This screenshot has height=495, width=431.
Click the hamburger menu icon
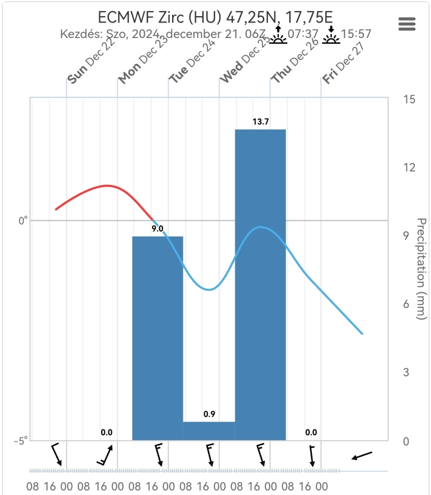[407, 24]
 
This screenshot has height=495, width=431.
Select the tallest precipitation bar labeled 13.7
[260, 284]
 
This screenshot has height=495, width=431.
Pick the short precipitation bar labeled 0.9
[209, 431]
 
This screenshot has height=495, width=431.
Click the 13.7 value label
[260, 121]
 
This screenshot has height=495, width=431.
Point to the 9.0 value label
[157, 229]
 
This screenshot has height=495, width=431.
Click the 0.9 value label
[209, 414]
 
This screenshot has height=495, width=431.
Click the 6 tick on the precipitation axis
[407, 304]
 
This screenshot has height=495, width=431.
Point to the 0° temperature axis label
[22, 220]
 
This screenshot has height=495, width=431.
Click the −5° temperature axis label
[21, 441]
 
